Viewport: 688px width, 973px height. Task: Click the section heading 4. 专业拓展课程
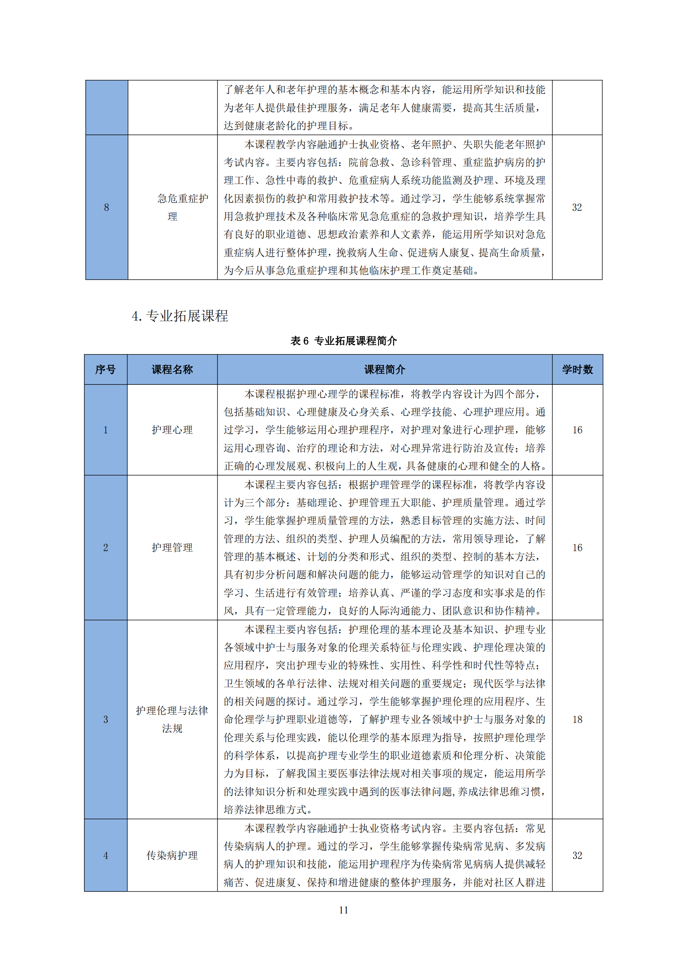coord(180,316)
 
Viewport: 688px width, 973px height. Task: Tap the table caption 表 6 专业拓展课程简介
coord(344,341)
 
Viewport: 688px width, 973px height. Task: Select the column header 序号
coord(106,369)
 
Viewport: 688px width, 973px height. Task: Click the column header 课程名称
coord(172,369)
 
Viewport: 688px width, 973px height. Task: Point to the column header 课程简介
coord(384,369)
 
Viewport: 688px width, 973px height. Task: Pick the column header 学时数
coord(577,369)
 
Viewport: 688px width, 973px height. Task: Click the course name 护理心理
coord(172,430)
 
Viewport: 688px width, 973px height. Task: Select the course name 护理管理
coord(172,547)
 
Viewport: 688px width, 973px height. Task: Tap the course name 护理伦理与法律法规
coord(172,720)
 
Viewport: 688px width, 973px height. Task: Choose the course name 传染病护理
coord(172,856)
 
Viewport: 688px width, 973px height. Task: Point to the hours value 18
coord(577,720)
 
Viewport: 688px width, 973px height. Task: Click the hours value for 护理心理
coord(577,430)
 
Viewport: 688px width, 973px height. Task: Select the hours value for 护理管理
coord(577,547)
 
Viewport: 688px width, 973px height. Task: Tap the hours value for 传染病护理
coord(577,856)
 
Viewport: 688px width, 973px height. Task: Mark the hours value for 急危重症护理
coord(577,207)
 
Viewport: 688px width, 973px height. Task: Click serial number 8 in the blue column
coord(106,207)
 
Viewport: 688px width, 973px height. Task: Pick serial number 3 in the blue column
coord(106,720)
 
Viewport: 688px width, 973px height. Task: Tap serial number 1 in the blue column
coord(106,430)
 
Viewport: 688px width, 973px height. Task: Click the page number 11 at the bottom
coord(344,910)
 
